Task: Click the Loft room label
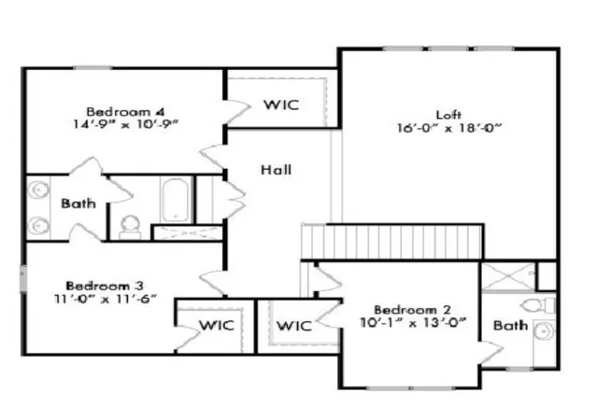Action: (448, 115)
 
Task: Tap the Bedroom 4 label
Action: (125, 112)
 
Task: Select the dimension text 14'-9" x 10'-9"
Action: (126, 124)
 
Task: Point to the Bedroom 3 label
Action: (105, 286)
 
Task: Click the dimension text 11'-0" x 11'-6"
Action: (106, 299)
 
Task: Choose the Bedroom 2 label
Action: (412, 310)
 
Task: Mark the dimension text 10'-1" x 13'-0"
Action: (413, 322)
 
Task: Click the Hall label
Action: (277, 170)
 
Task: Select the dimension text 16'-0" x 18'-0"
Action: (448, 128)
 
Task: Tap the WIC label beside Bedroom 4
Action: (281, 105)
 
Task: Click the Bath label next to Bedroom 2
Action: (511, 325)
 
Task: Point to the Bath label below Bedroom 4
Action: (78, 203)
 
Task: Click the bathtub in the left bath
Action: (176, 200)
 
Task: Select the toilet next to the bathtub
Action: (130, 228)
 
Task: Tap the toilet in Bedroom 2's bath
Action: (537, 305)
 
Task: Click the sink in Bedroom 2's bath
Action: (544, 331)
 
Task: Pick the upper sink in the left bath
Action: (38, 189)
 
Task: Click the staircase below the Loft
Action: (392, 241)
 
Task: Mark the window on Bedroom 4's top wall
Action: (93, 68)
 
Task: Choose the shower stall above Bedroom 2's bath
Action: (508, 277)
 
